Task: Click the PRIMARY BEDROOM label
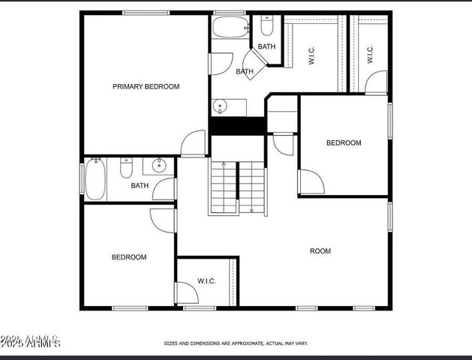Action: point(146,86)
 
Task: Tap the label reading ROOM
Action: point(320,251)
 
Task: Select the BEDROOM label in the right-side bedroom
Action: point(343,142)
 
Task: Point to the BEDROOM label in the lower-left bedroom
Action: point(129,257)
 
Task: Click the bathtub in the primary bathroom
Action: point(225,28)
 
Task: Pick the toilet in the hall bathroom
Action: point(126,168)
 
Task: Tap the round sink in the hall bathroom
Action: point(159,166)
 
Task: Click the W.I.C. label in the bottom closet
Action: point(206,281)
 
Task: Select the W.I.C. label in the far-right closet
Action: point(370,54)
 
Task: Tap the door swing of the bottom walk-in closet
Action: point(185,292)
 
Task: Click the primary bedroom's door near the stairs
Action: point(194,143)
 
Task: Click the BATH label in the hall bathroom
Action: point(140,186)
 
